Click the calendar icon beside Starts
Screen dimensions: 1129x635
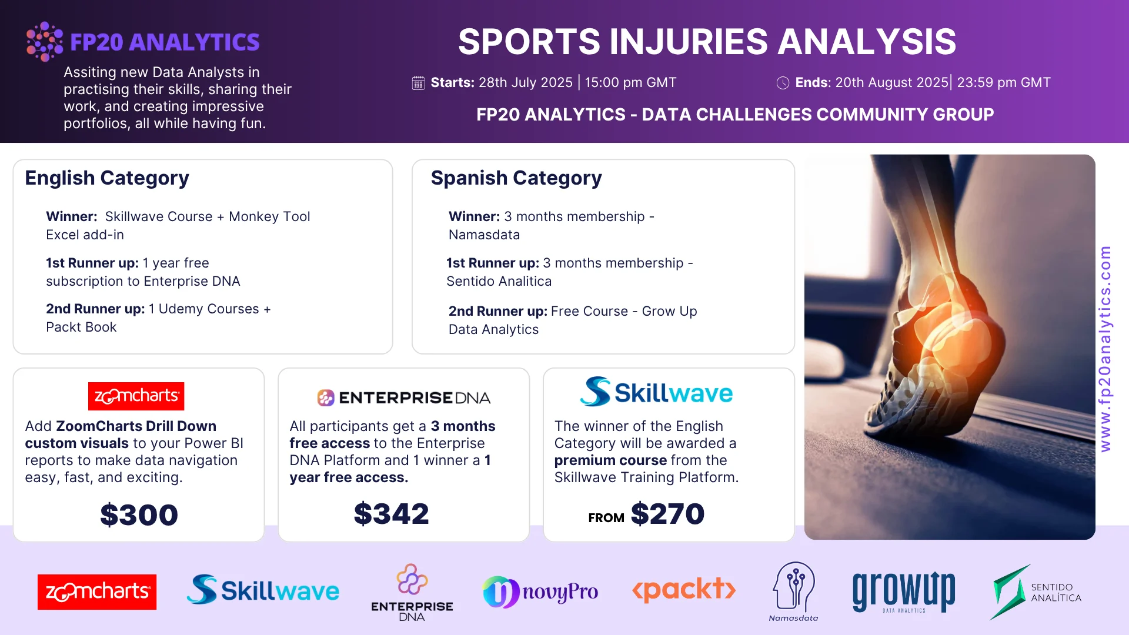418,83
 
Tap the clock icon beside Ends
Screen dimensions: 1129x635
783,83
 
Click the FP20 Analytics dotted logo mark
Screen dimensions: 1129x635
45,41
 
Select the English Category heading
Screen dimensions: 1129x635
107,178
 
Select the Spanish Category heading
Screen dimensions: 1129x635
516,178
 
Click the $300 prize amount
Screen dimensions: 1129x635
139,514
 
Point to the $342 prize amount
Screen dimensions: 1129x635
392,513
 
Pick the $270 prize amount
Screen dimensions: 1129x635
667,513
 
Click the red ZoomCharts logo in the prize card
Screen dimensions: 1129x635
136,396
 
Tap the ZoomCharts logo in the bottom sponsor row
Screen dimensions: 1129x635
97,591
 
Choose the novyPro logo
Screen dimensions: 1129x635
540,591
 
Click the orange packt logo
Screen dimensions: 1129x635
684,589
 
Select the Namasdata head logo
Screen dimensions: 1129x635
794,591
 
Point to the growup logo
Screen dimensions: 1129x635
904,591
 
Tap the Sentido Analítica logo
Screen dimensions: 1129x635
1036,592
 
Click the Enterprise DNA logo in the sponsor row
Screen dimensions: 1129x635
412,593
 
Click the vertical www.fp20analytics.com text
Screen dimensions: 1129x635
1105,349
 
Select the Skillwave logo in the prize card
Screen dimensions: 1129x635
656,392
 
